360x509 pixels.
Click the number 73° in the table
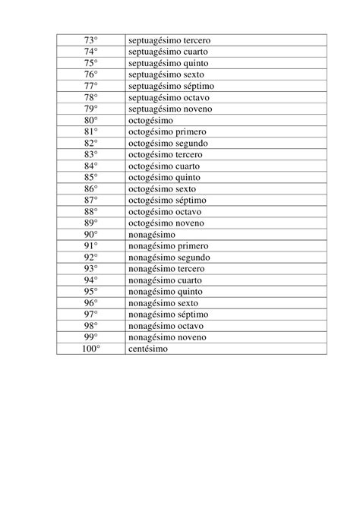click(x=91, y=40)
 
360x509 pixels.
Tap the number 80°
click(x=91, y=120)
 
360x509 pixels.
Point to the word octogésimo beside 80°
click(x=150, y=120)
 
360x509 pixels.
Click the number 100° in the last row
click(x=91, y=349)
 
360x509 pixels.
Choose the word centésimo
click(x=148, y=349)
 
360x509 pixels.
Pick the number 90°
click(x=91, y=235)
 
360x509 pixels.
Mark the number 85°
click(x=91, y=177)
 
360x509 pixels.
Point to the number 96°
click(x=91, y=303)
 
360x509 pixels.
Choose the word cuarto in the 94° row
click(x=194, y=280)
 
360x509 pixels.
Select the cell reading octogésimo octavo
click(x=164, y=211)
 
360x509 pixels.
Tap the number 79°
click(x=91, y=109)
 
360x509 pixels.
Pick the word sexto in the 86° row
click(x=185, y=188)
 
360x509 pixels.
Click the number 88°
click(x=91, y=211)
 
